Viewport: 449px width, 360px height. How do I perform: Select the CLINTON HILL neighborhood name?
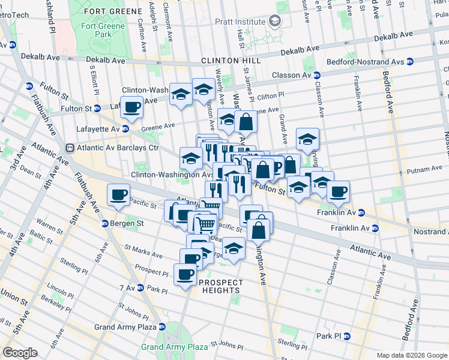tap(231, 61)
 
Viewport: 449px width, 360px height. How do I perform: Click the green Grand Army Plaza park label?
tap(175, 347)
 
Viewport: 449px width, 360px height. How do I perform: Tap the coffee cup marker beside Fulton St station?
tap(131, 107)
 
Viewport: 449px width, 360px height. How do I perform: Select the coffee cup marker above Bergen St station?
tap(118, 194)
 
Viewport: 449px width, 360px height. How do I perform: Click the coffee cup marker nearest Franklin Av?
tap(338, 191)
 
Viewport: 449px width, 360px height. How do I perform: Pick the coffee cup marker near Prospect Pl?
tap(185, 274)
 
